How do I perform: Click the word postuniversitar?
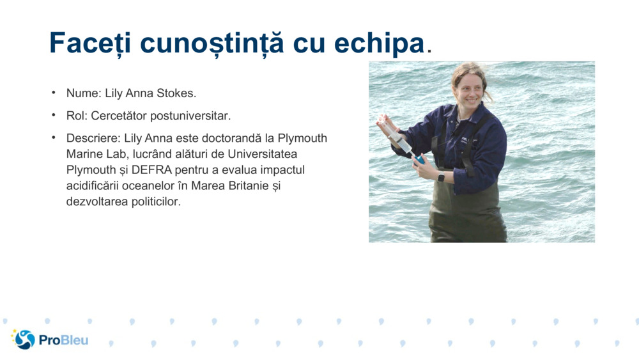190,116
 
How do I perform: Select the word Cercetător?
119,116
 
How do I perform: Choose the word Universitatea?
262,154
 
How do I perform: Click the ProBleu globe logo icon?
24,339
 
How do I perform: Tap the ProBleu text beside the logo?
63,340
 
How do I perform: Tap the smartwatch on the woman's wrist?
441,177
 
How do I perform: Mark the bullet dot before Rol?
54,115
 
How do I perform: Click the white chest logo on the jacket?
465,139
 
